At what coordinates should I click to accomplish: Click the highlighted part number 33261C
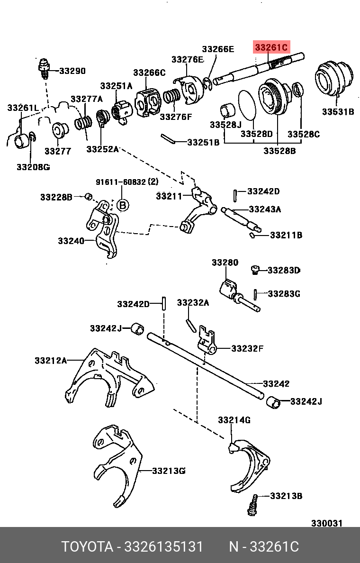click(271, 47)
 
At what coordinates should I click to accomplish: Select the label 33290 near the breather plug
click(72, 71)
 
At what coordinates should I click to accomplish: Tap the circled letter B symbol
click(122, 205)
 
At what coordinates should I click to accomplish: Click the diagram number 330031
click(326, 523)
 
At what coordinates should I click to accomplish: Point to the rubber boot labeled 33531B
click(334, 77)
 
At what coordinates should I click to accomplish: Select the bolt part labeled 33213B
click(252, 505)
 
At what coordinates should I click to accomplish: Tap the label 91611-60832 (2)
click(127, 182)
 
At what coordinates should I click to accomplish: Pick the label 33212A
click(50, 361)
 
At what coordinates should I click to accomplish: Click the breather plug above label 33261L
click(44, 68)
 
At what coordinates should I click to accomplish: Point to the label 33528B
click(279, 151)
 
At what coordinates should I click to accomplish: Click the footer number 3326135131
click(163, 546)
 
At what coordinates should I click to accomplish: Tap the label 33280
click(225, 262)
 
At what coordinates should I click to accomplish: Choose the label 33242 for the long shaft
click(276, 384)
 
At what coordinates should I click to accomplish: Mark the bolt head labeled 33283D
click(255, 270)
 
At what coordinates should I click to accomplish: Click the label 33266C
click(149, 73)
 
